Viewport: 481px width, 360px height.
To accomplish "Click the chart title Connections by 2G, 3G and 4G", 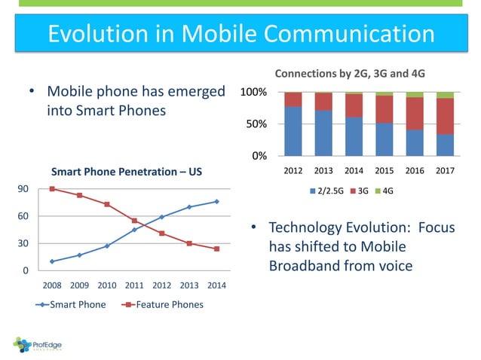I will pos(349,74).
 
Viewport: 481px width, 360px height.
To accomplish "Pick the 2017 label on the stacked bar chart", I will pos(444,170).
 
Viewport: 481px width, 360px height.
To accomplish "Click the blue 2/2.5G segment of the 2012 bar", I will pos(293,130).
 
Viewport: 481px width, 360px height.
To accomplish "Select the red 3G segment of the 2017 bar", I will pos(445,116).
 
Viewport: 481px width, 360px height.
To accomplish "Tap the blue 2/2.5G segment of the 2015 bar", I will pos(384,139).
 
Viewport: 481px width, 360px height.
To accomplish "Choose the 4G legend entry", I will pos(387,191).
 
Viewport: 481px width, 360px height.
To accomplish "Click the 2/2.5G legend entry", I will pos(327,191).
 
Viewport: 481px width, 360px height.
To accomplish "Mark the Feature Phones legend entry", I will pos(158,304).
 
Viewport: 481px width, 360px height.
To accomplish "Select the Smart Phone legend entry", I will pos(72,304).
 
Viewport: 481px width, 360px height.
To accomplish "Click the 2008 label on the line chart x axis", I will pos(52,286).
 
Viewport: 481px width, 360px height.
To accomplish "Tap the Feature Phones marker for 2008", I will pos(52,188).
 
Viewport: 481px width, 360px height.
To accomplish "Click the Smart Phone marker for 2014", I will pos(216,201).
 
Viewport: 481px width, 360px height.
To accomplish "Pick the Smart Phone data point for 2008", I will pos(52,261).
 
